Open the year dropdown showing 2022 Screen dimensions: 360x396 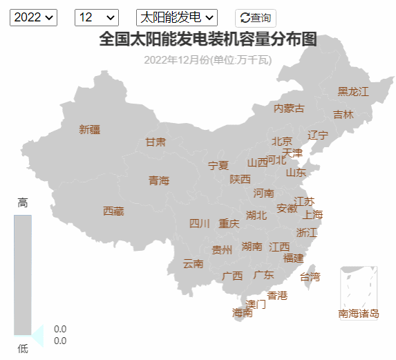(32, 17)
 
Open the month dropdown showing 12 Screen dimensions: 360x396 (96, 17)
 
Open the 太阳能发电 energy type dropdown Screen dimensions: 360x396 (177, 17)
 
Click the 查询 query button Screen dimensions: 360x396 (256, 18)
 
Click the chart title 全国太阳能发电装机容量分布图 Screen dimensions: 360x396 (207, 39)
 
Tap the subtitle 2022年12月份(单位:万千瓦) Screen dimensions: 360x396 (207, 59)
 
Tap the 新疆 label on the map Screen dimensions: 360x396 (90, 129)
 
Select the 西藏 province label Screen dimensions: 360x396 (113, 211)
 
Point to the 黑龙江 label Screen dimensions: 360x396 (353, 91)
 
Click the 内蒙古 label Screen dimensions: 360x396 (289, 108)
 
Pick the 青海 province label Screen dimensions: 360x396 (159, 180)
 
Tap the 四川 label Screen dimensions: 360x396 (200, 223)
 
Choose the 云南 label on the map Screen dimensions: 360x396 (193, 263)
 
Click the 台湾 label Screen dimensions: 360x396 (310, 277)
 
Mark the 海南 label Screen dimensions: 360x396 (243, 312)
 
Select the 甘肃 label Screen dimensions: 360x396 (155, 142)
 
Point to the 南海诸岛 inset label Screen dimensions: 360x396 (359, 314)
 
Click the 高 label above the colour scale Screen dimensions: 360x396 (23, 203)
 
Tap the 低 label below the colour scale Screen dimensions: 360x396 (23, 348)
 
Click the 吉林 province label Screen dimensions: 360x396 (343, 114)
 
